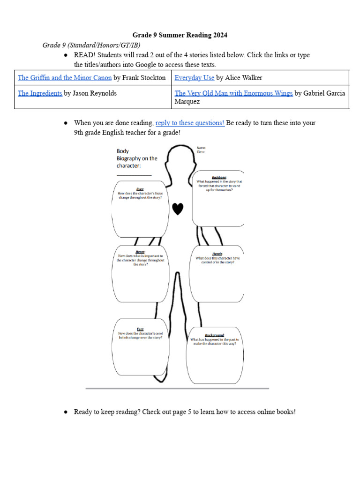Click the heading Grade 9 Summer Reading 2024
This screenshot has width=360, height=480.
pos(180,35)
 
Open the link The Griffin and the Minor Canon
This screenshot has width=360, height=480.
pos(65,78)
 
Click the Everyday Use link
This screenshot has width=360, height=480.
pos(195,78)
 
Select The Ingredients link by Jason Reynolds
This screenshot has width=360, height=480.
pos(40,93)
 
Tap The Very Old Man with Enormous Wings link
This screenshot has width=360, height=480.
pos(233,93)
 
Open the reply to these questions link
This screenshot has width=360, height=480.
pos(190,123)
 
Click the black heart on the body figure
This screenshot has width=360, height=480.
pos(177,209)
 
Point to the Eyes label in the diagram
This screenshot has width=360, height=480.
pos(140,189)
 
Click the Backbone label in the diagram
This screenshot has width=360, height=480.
pos(219,178)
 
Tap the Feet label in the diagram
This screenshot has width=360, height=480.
pos(140,329)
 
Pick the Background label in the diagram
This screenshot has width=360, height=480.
pos(215,335)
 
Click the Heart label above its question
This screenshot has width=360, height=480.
pos(140,252)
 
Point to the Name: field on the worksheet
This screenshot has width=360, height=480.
pos(202,148)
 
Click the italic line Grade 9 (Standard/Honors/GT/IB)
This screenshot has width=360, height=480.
pos(91,45)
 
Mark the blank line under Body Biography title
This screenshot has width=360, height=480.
pos(134,176)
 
